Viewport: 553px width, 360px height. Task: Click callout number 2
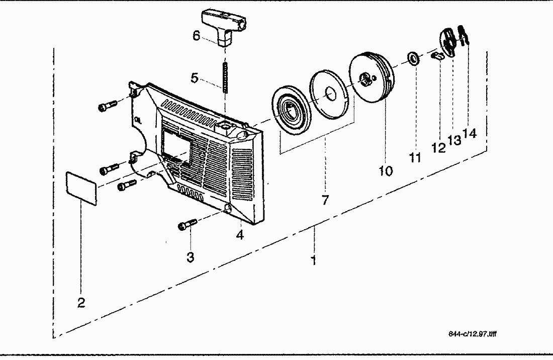point(81,303)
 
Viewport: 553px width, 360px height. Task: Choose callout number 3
point(190,257)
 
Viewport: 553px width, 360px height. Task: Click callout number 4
point(240,235)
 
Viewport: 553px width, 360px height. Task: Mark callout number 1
point(313,260)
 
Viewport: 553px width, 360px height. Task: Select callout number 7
point(325,200)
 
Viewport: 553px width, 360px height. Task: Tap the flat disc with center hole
point(330,94)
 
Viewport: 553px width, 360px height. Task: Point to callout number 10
point(386,171)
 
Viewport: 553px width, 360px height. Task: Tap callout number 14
point(470,134)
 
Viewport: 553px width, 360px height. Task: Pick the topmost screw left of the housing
point(108,105)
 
